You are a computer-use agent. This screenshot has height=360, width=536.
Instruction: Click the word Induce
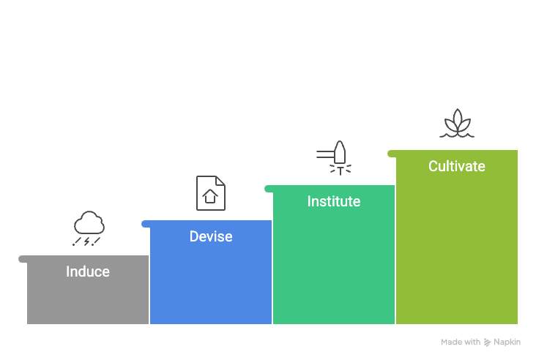click(88, 271)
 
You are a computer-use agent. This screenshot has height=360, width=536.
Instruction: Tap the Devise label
click(211, 236)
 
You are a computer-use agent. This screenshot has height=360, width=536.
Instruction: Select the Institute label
click(334, 201)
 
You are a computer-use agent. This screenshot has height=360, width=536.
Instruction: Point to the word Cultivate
click(457, 166)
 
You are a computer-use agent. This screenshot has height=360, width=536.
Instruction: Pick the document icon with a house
click(211, 193)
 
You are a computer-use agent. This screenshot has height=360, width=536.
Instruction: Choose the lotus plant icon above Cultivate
click(457, 123)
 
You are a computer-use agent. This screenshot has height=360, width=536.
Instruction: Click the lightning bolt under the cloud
click(87, 241)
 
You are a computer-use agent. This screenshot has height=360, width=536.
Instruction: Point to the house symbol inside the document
click(210, 196)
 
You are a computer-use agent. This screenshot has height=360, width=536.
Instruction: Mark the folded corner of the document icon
click(220, 181)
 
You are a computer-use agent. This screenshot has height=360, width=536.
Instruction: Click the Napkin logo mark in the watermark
click(487, 342)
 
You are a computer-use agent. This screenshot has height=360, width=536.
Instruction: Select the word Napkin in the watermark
click(507, 342)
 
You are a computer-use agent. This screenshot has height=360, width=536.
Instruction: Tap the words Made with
click(461, 342)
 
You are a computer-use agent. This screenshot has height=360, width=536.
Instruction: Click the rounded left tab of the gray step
click(23, 259)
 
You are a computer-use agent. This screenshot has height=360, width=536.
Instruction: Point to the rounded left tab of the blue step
click(146, 224)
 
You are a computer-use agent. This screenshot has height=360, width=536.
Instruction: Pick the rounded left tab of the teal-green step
click(269, 189)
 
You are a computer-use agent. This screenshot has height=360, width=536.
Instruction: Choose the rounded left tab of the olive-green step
click(392, 154)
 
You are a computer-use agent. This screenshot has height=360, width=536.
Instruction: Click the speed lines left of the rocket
click(325, 154)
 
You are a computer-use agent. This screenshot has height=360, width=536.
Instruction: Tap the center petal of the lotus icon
click(457, 119)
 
